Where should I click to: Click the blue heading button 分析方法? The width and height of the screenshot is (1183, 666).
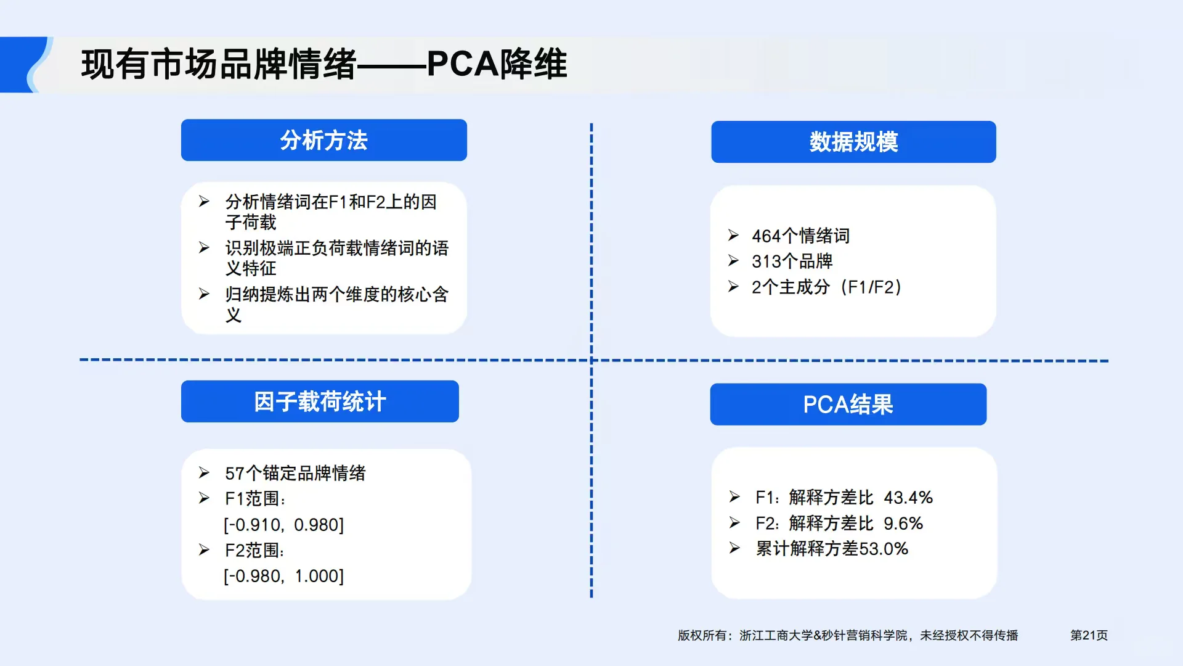[x=323, y=141]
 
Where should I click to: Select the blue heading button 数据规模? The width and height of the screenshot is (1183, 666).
[x=853, y=142]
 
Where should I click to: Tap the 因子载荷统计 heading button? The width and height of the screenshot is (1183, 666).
[x=320, y=402]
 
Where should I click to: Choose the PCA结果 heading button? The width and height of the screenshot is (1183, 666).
[x=848, y=405]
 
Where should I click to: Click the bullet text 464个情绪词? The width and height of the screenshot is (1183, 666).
[x=800, y=236]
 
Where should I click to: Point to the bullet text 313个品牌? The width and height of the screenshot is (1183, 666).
[x=792, y=261]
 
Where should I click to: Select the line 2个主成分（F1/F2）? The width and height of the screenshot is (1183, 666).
[x=826, y=287]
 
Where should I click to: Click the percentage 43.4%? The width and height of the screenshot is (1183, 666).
[x=908, y=498]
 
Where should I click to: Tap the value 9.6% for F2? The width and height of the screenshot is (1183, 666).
[x=903, y=524]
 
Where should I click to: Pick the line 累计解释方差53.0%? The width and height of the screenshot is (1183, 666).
[x=832, y=549]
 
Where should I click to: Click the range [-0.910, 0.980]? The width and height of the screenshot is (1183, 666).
[x=284, y=525]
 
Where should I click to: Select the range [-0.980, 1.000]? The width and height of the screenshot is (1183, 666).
[x=284, y=576]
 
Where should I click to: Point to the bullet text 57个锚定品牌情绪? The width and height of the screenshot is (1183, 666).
[x=295, y=473]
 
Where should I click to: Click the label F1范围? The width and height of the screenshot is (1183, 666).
[x=255, y=499]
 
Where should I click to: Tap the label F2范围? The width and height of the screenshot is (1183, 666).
[x=254, y=550]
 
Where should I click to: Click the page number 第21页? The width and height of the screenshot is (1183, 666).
[x=1089, y=635]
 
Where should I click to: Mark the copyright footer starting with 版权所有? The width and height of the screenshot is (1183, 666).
[x=848, y=635]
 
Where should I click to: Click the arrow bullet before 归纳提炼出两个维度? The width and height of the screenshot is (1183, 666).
[x=204, y=294]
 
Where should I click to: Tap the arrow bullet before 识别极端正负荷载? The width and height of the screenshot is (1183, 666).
[x=204, y=248]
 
